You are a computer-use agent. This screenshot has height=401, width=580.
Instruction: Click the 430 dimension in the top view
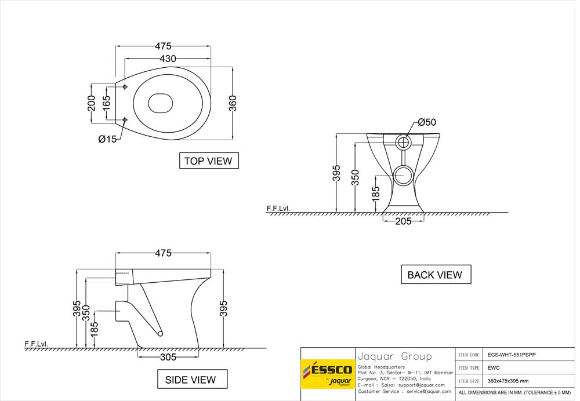click(x=168, y=59)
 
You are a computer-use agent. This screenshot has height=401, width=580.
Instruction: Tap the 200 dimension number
click(x=91, y=104)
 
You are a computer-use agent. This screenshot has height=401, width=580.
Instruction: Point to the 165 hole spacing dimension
click(x=107, y=104)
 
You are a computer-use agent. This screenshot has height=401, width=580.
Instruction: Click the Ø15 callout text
click(x=107, y=139)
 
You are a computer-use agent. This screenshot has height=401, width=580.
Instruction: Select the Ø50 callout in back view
click(x=427, y=122)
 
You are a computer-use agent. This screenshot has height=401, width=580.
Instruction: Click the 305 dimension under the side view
click(x=168, y=357)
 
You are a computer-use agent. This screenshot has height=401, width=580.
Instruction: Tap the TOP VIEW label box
click(x=208, y=161)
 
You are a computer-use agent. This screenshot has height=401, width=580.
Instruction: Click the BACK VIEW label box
click(x=435, y=275)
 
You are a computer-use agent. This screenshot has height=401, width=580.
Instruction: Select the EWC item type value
click(x=493, y=367)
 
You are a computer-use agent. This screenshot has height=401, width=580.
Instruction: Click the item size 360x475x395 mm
click(x=508, y=381)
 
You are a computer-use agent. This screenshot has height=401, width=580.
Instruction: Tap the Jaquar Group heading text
click(x=394, y=356)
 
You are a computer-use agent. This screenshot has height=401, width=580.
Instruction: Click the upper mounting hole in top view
click(x=125, y=87)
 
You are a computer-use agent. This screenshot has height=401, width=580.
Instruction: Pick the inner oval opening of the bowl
click(x=161, y=103)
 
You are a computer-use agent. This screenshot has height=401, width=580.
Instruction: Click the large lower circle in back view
click(x=404, y=174)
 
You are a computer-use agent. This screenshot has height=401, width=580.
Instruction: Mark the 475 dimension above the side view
click(x=163, y=253)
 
